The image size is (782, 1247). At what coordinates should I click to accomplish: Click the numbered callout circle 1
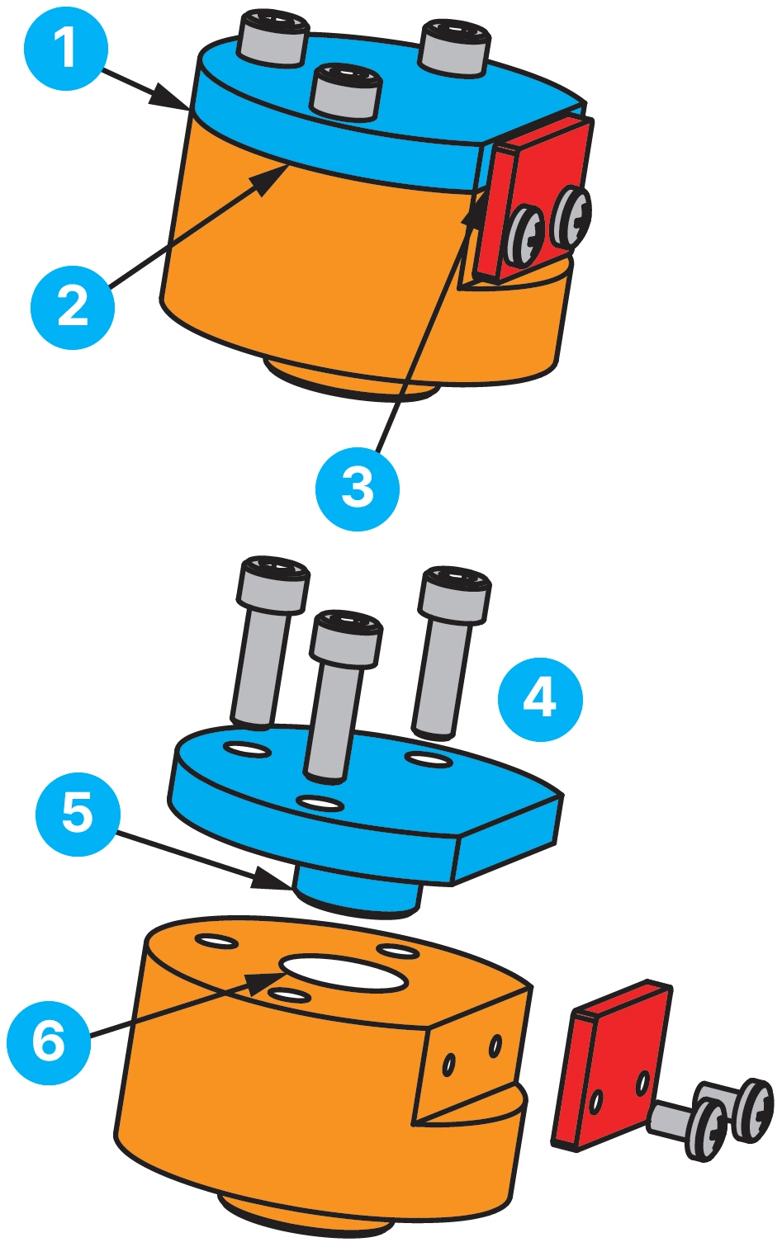[x=66, y=49]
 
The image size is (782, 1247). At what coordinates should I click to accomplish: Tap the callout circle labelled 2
[x=73, y=307]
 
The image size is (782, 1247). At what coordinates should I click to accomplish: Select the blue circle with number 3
[x=357, y=489]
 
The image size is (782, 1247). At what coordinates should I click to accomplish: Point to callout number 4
[x=540, y=699]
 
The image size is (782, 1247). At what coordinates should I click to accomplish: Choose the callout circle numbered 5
[x=78, y=814]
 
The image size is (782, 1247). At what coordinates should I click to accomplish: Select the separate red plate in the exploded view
[x=612, y=1065]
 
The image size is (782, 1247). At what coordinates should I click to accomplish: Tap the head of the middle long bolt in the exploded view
[x=346, y=638]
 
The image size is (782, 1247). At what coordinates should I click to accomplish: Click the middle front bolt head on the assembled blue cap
[x=346, y=92]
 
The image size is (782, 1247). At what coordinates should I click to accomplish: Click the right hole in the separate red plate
[x=642, y=1082]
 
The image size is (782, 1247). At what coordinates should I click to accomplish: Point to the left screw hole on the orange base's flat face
[x=448, y=1065]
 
